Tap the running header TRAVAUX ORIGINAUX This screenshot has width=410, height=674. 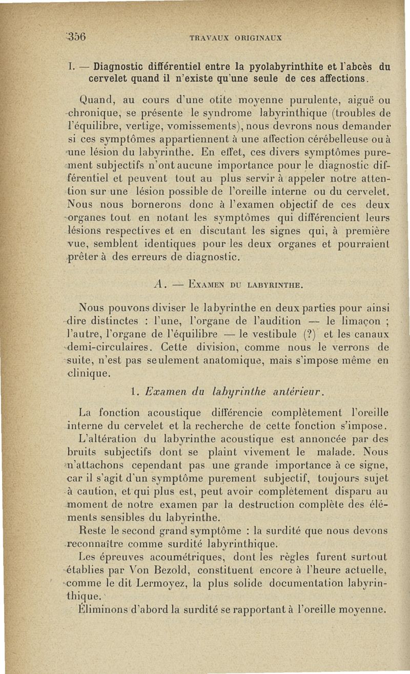236,37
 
